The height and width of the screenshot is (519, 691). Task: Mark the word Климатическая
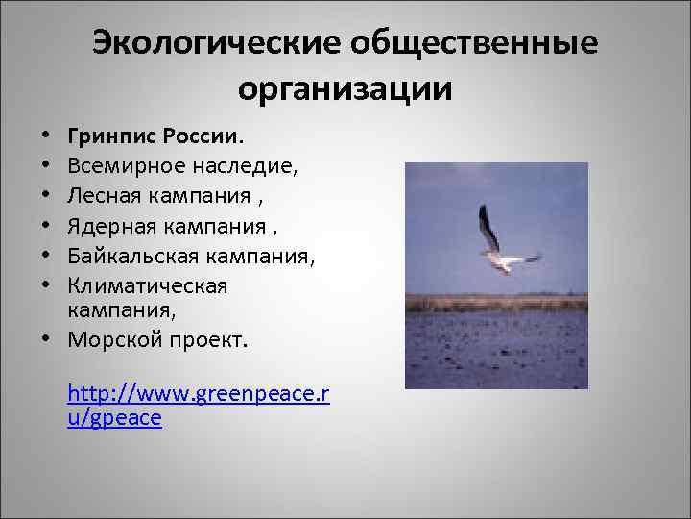[x=147, y=285]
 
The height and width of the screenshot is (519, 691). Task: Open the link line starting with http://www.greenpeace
[x=199, y=393]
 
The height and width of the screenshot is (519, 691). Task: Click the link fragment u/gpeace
[x=114, y=418]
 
